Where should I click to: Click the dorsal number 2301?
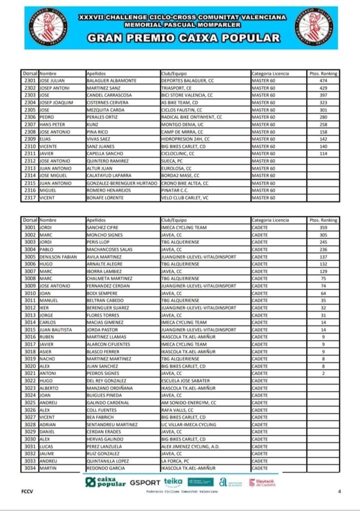[x=30, y=80]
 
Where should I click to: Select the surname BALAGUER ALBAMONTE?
[x=111, y=80]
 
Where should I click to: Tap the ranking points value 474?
[x=323, y=80]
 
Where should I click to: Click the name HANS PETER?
[x=51, y=124]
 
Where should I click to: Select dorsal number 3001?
[x=30, y=227]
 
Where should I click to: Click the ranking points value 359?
[x=323, y=227]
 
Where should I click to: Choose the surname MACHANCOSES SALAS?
[x=110, y=249]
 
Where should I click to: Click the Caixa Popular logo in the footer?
[x=105, y=482]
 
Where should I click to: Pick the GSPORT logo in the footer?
[x=145, y=483]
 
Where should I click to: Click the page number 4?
[x=340, y=492]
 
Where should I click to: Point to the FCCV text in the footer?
[x=27, y=492]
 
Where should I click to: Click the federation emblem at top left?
[x=48, y=26]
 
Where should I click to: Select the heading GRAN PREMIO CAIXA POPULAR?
[x=183, y=38]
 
